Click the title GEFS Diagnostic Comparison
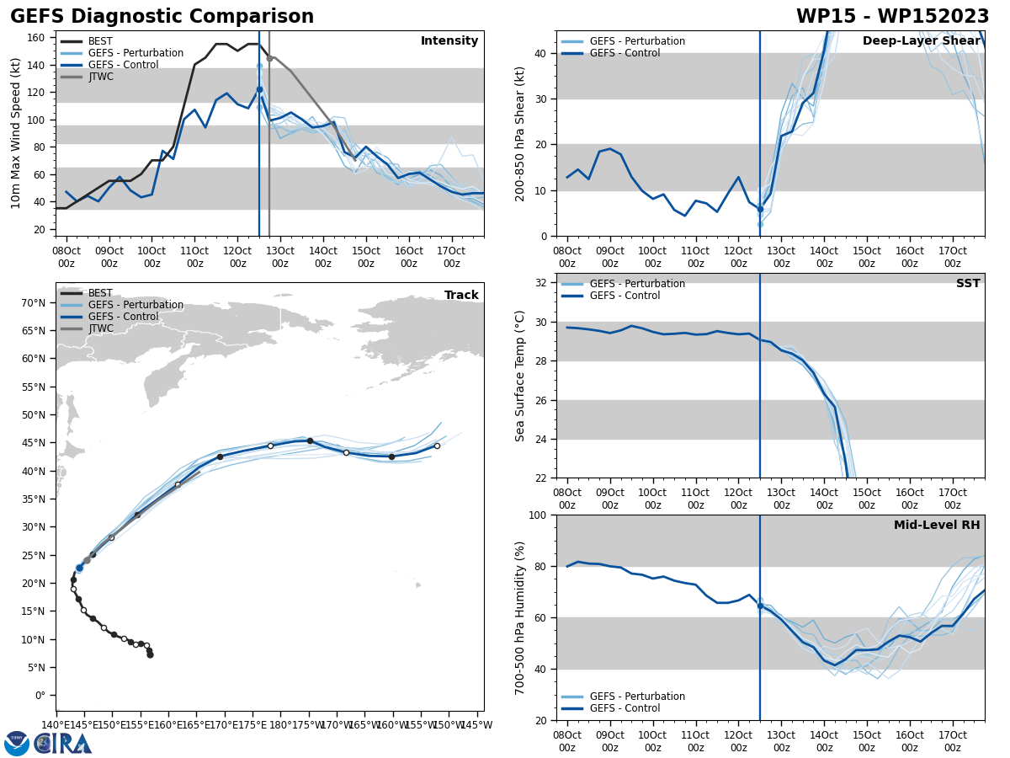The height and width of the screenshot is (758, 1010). (162, 17)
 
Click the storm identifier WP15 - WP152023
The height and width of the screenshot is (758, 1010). (892, 17)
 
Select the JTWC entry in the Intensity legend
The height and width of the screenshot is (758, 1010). (100, 77)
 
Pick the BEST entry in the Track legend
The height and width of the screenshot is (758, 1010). (100, 293)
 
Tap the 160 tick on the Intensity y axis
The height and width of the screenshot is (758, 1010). (39, 37)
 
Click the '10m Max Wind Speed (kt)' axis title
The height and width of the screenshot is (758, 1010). (16, 133)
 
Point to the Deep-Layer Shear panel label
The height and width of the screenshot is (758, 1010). (921, 41)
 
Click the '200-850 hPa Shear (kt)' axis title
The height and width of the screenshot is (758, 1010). (520, 133)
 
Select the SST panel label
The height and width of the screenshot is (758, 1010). (967, 284)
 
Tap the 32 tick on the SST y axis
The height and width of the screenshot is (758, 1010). (543, 283)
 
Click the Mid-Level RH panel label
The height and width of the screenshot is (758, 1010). (936, 526)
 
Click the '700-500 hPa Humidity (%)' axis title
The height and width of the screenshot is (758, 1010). (520, 617)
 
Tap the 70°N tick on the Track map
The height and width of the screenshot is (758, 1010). (34, 303)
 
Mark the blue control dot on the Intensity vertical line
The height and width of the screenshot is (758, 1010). (259, 89)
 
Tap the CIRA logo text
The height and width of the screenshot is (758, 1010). (64, 744)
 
